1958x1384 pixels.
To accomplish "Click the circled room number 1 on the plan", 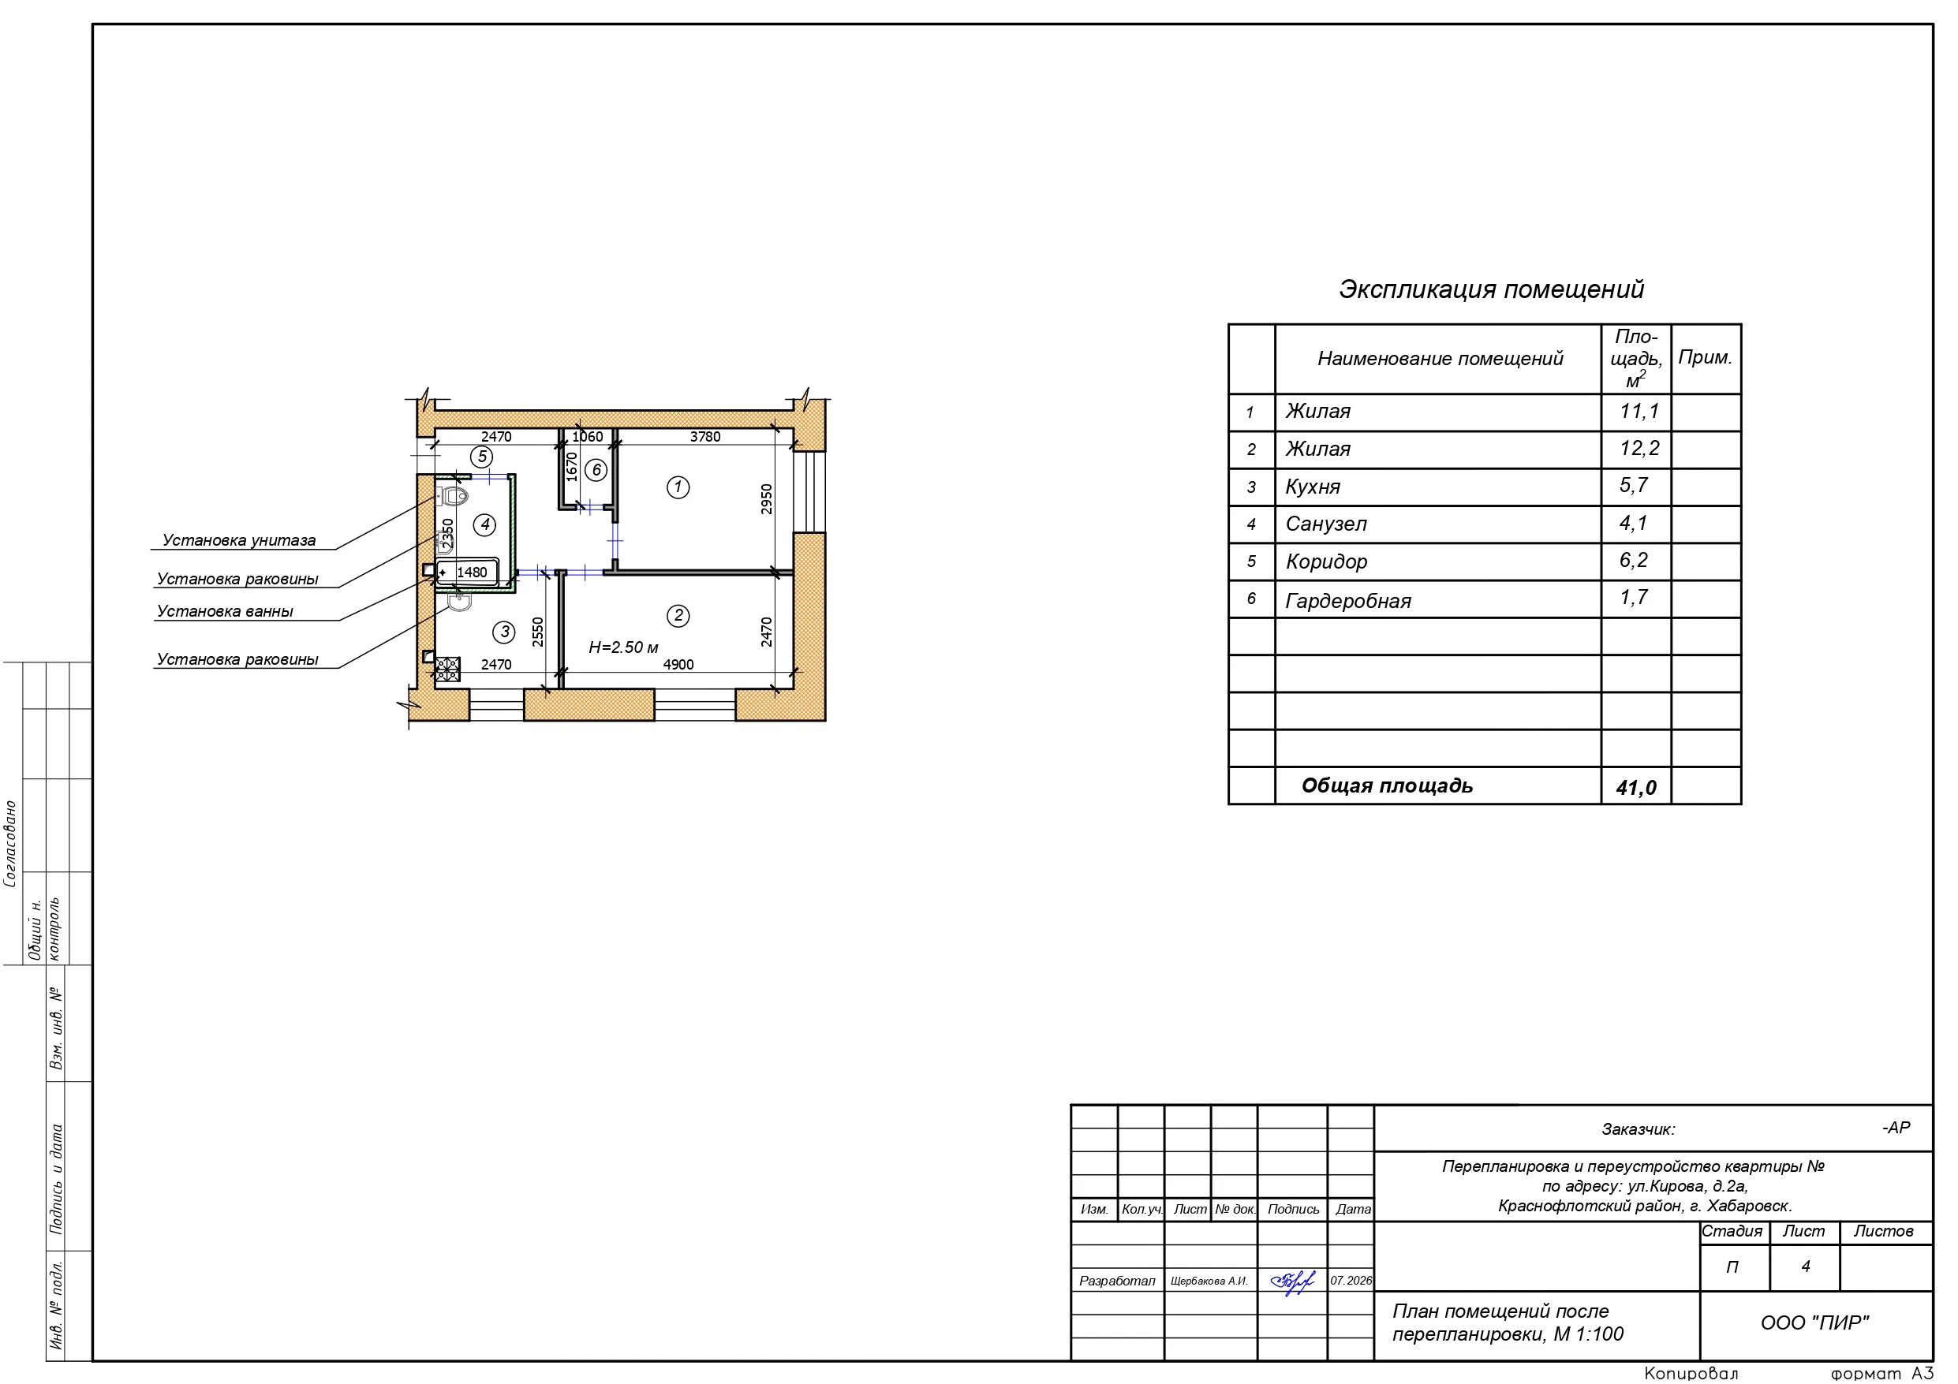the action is point(678,488).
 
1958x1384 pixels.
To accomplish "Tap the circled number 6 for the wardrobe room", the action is point(596,470).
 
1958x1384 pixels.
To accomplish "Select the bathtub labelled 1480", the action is point(466,573).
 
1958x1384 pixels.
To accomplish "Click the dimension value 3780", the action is point(705,437).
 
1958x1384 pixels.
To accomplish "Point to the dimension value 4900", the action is point(678,665).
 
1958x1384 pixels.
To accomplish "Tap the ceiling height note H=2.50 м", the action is point(623,648).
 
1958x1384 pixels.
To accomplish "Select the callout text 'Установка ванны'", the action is point(225,611).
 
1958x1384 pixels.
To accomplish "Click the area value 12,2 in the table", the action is point(1639,449).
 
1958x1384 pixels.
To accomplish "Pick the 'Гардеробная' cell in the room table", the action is point(1347,601).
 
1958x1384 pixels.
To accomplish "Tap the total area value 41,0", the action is point(1635,787).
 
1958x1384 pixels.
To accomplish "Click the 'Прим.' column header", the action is point(1705,357).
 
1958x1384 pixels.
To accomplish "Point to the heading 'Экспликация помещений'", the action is point(1491,290).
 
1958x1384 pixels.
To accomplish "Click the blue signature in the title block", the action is point(1293,1281).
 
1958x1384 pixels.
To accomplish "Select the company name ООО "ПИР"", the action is point(1814,1322).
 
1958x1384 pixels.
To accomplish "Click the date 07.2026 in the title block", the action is point(1351,1281).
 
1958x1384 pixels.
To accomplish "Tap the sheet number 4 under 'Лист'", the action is point(1804,1266).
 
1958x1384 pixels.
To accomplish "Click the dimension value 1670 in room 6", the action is point(572,468).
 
